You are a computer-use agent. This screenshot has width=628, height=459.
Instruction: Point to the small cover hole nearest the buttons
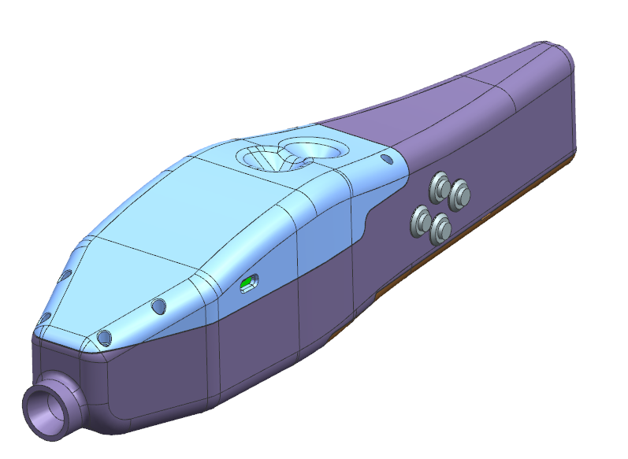386,160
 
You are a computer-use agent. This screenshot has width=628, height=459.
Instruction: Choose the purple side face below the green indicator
260,339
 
